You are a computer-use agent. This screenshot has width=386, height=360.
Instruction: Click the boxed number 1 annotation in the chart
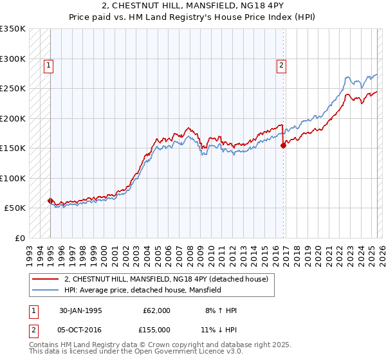[50, 64]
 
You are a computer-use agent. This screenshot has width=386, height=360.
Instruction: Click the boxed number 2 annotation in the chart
[282, 64]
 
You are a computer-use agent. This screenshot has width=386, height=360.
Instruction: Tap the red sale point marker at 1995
[50, 201]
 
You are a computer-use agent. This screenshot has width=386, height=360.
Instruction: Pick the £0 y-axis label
[20, 238]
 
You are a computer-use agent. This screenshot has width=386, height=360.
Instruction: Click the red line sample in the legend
[45, 279]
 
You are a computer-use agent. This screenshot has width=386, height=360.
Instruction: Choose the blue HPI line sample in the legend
[45, 290]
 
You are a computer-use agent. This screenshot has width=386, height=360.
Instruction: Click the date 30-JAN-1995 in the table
[80, 310]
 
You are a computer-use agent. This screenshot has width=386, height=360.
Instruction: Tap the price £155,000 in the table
[157, 329]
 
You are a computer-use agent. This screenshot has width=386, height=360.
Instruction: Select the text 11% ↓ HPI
[221, 329]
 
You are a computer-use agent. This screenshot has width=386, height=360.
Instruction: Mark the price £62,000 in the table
[157, 310]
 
